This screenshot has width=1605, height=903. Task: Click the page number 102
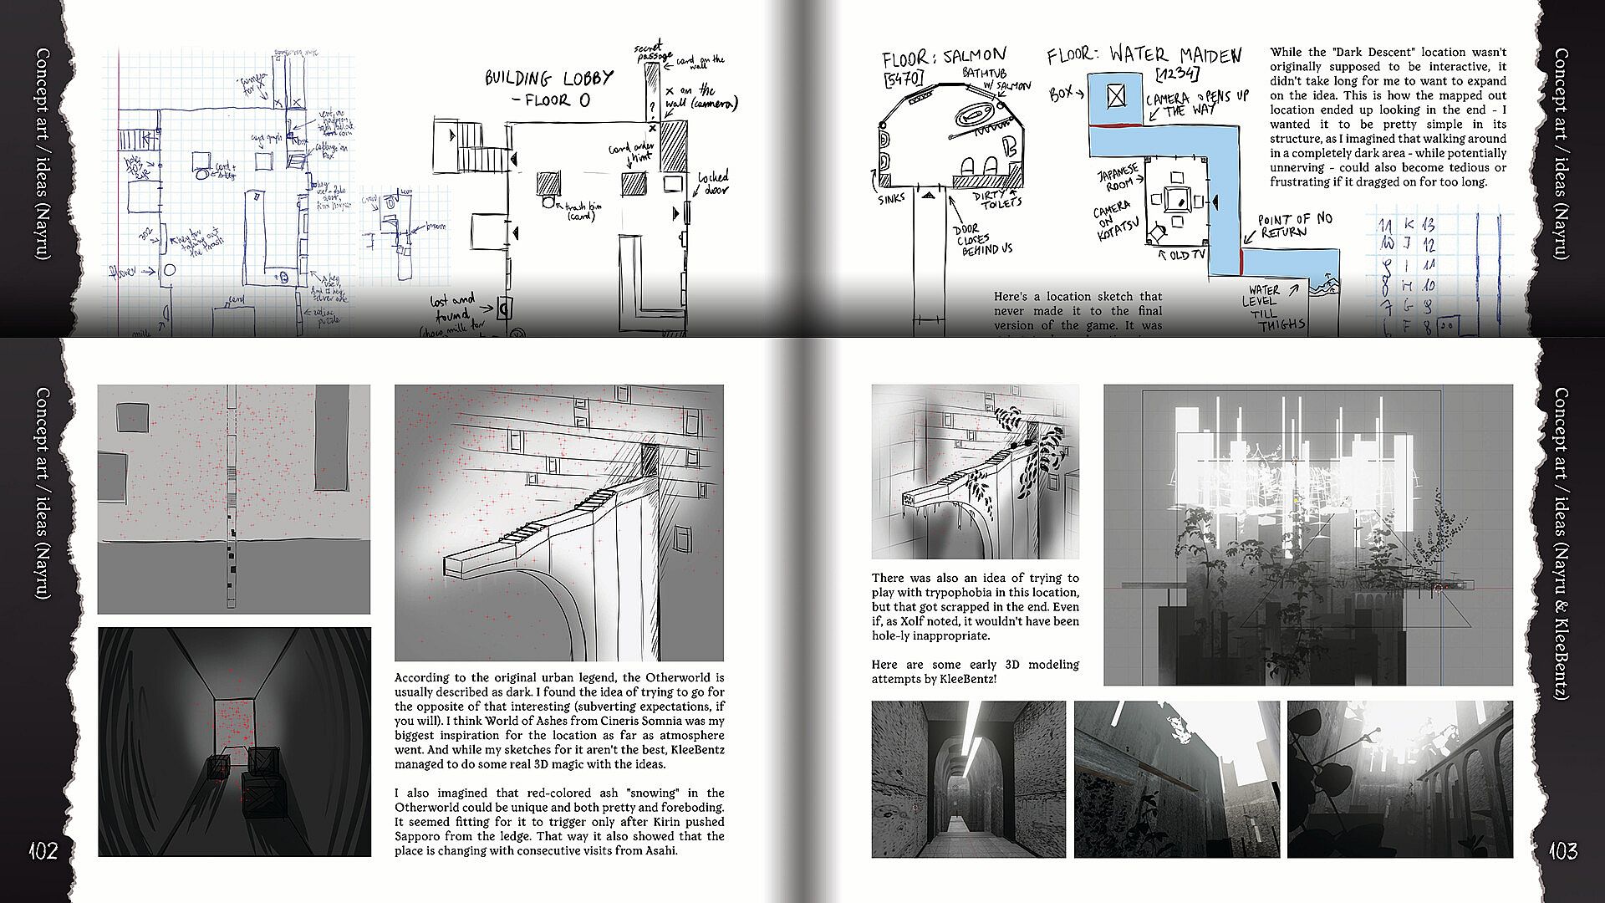(x=43, y=851)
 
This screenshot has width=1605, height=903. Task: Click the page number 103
(x=1562, y=851)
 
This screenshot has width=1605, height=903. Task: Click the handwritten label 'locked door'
(x=713, y=182)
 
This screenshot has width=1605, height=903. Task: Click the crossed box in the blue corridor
(x=1116, y=97)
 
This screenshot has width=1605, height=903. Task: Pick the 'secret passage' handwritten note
(x=650, y=52)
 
